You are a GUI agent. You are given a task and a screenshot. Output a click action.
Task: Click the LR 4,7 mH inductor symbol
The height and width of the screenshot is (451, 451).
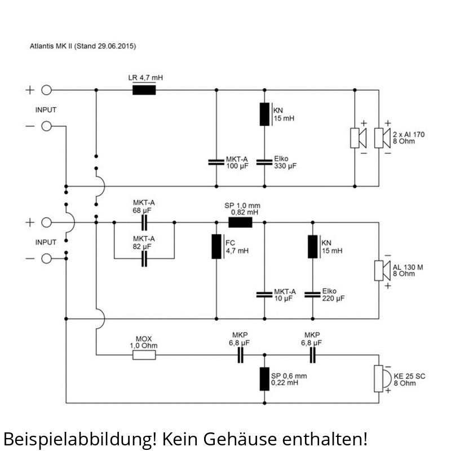[144, 90]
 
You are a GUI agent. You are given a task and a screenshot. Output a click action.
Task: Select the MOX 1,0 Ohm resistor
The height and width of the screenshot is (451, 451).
[144, 355]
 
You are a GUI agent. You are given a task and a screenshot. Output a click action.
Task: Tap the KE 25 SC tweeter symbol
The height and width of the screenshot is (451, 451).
[380, 377]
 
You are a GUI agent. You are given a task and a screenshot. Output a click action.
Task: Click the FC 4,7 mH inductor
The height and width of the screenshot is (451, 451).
[216, 246]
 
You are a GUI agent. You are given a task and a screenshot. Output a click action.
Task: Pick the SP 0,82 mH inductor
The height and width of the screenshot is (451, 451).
[240, 223]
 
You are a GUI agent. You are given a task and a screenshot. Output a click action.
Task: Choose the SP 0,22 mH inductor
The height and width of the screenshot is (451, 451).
[264, 379]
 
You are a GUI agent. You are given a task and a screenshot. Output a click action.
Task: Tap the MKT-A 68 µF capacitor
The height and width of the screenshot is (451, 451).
[144, 223]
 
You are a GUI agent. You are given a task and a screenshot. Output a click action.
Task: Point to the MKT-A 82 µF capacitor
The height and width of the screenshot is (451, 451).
[144, 259]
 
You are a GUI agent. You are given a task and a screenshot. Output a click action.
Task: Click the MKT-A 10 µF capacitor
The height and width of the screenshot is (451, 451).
[264, 294]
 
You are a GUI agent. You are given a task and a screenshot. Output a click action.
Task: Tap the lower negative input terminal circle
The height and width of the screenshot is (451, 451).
[47, 259]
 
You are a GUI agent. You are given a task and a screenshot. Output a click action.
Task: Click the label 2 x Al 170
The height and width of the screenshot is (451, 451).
[408, 134]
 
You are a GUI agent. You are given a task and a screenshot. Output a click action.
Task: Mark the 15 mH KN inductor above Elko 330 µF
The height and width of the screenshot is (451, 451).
[264, 114]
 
